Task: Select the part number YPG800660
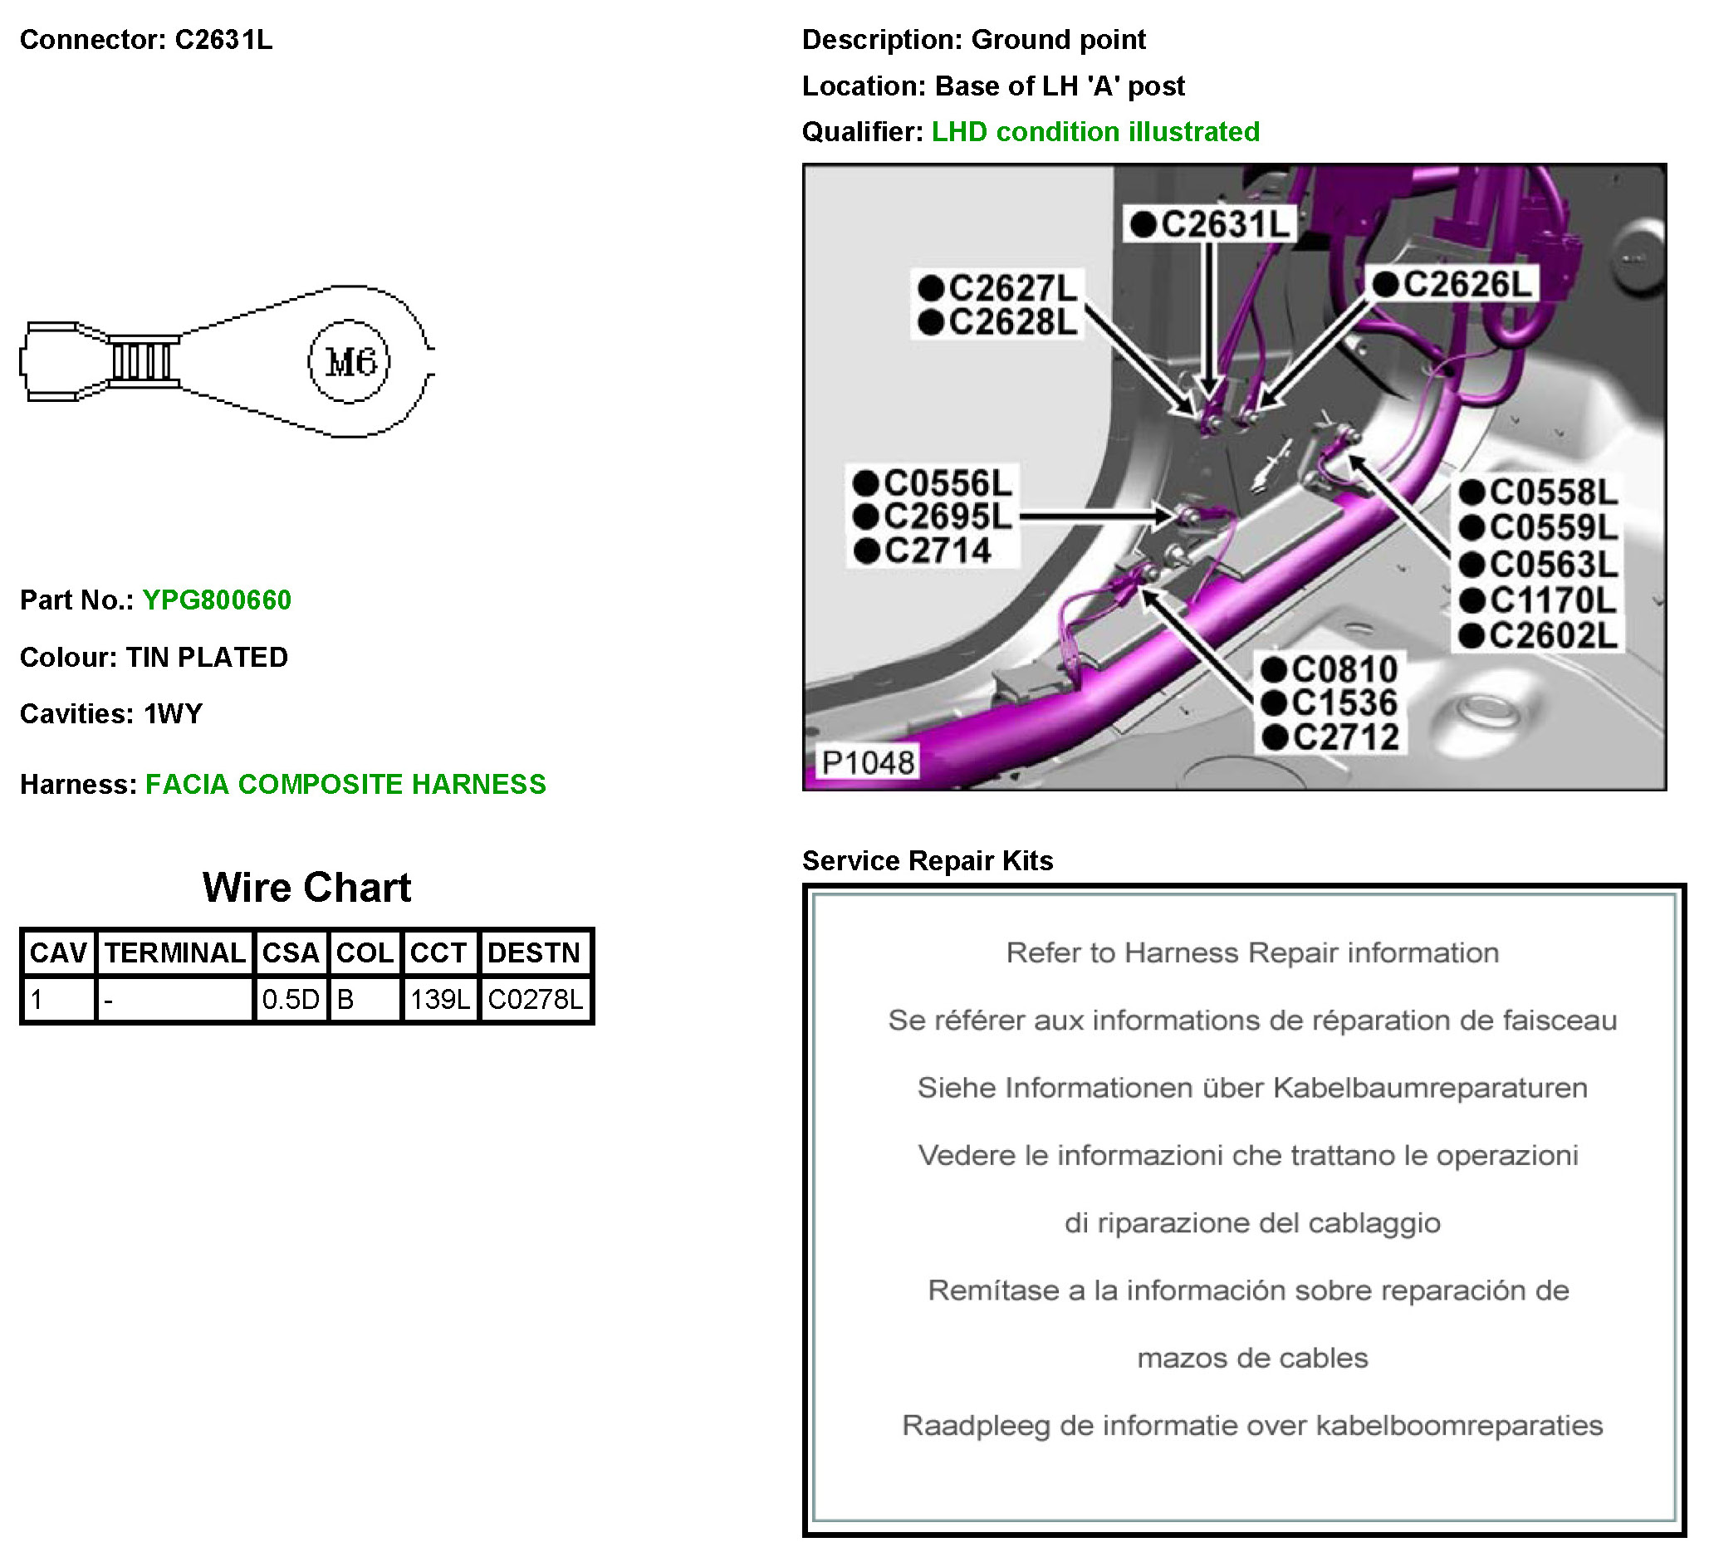pos(217,600)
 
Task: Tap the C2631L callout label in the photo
pos(1210,224)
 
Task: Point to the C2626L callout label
pos(1453,285)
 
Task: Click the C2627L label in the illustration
pos(999,289)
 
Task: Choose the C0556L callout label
pos(933,484)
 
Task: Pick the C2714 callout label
pos(923,551)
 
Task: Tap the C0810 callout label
pos(1331,670)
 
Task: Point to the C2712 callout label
pos(1331,737)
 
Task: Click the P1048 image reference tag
pos(868,763)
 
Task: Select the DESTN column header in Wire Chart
pos(534,953)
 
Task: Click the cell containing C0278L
pos(536,1000)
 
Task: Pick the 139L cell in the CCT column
pos(440,1000)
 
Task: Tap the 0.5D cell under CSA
pos(290,1000)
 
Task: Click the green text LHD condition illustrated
pos(1095,132)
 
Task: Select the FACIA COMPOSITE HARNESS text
pos(345,785)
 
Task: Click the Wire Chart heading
pos(307,889)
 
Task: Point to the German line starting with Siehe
pos(1252,1088)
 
